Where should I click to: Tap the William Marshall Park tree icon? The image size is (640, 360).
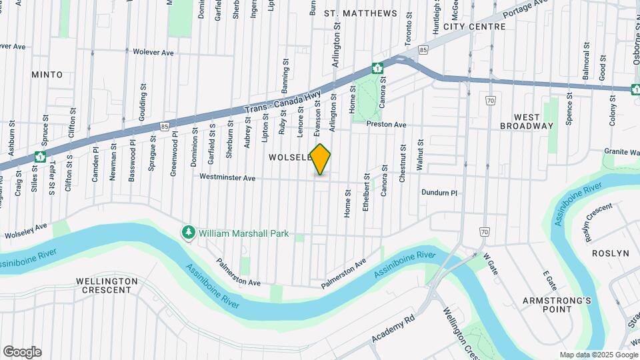pyautogui.click(x=189, y=233)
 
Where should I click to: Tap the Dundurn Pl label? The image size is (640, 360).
pyautogui.click(x=439, y=193)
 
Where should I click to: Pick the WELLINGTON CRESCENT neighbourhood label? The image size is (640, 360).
pyautogui.click(x=107, y=285)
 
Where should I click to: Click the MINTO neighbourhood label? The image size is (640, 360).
pyautogui.click(x=47, y=75)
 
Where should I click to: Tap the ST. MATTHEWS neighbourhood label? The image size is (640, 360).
pyautogui.click(x=360, y=13)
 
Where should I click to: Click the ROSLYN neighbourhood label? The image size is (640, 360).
pyautogui.click(x=611, y=253)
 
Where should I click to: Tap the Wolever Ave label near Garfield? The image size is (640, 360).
pyautogui.click(x=153, y=51)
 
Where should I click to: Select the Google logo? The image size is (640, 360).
pyautogui.click(x=22, y=352)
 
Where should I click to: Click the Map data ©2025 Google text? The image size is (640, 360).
pyautogui.click(x=599, y=355)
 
